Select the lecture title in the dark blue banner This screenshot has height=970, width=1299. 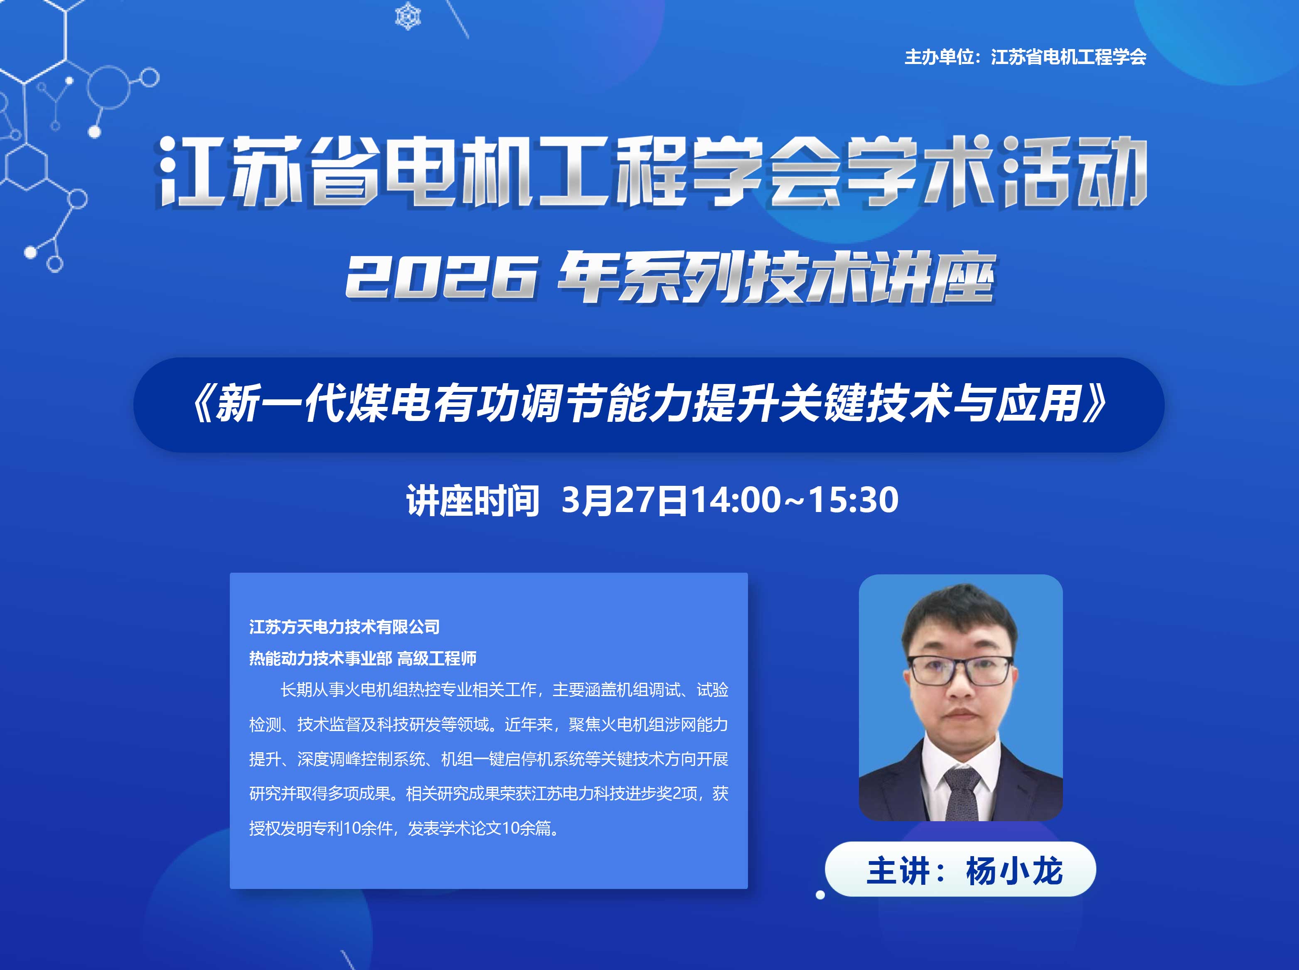tap(649, 404)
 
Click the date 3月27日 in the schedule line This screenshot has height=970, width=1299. tap(624, 500)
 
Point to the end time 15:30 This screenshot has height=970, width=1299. tap(853, 500)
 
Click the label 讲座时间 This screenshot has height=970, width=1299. tap(472, 501)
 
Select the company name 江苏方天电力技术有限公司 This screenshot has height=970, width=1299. tap(344, 627)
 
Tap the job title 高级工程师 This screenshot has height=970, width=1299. tap(437, 658)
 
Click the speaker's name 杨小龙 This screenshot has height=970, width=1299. tap(1014, 871)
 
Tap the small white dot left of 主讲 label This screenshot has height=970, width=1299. tap(820, 895)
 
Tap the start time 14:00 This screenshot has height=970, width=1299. tap(735, 500)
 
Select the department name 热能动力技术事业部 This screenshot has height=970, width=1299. tap(320, 658)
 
